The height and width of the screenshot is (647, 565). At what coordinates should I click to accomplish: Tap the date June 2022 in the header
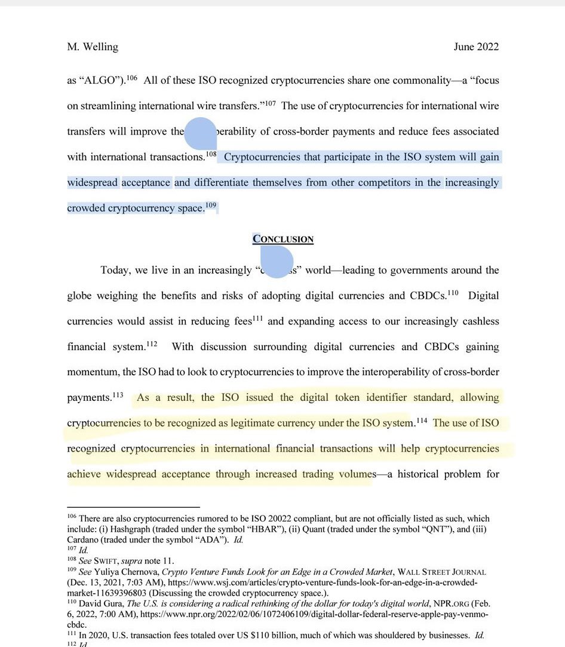point(476,47)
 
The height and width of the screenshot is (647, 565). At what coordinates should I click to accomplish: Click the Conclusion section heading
point(283,240)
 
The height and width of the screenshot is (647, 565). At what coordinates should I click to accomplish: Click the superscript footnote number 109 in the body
point(210,206)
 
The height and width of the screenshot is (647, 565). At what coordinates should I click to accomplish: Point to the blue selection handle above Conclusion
point(200,133)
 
